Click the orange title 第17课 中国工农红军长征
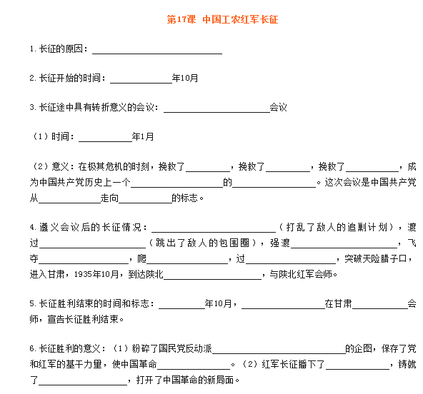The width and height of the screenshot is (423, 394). [222, 19]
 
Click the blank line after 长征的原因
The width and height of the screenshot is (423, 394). [157, 54]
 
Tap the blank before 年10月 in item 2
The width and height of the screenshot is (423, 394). [141, 83]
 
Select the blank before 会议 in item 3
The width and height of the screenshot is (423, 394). [217, 112]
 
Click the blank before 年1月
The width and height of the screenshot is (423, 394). [105, 141]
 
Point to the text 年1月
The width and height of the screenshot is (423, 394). [143, 136]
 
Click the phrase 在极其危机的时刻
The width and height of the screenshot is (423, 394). [114, 166]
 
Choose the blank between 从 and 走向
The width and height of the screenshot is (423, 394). [69, 203]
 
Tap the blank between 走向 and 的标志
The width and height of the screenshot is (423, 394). [145, 203]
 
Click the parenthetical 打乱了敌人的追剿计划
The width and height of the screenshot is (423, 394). [337, 227]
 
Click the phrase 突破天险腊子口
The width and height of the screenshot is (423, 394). [376, 258]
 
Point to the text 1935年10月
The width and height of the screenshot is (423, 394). [96, 274]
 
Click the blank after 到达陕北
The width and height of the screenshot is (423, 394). [213, 279]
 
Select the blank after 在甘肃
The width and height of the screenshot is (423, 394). [380, 308]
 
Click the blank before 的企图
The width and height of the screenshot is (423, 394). [279, 353]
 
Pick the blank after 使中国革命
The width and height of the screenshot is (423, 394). [194, 369]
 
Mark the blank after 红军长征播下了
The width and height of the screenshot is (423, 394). [357, 369]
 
